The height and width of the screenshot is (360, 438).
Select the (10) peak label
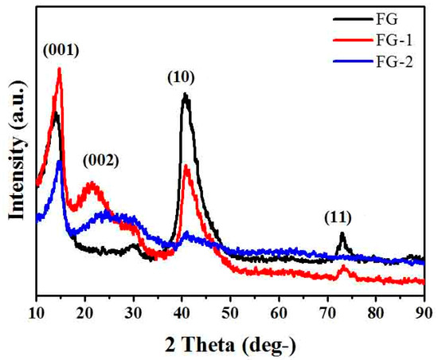coord(182,78)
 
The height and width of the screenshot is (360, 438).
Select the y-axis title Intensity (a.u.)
coord(14,151)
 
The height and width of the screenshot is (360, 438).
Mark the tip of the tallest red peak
coord(59,69)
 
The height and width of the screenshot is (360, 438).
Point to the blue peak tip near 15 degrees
coord(60,162)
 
